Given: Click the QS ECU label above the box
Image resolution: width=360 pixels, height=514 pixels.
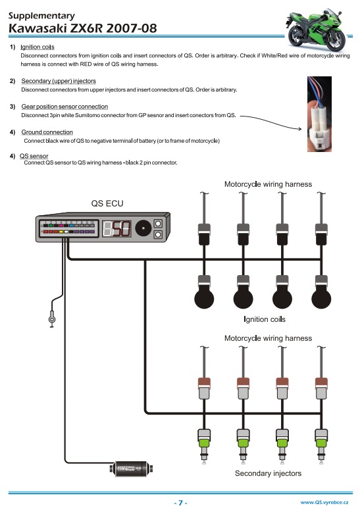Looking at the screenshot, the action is coord(107,203).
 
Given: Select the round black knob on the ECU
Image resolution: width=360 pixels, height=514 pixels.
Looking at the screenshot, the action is coord(143,228).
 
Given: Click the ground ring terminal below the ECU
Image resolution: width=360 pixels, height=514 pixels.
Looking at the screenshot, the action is coord(52,319).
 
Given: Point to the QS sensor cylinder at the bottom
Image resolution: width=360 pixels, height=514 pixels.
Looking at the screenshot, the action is coord(131,469).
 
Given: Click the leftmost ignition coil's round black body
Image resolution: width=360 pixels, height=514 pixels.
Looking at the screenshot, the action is coord(204,298).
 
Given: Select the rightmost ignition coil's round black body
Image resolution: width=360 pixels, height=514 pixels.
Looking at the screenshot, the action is coord(321,298).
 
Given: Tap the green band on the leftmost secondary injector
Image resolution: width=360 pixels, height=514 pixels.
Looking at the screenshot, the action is coord(204,444).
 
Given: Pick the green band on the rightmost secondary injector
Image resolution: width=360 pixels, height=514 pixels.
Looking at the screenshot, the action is coord(321,444).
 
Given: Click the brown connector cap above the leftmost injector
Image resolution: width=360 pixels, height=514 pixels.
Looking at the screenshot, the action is coord(204,382).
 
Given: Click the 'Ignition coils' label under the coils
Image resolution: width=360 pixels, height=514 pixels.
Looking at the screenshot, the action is coord(265,319).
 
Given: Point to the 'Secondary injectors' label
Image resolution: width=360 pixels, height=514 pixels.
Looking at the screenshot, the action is coord(268,473).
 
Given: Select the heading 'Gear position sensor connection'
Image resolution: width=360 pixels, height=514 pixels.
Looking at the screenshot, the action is coord(64,107).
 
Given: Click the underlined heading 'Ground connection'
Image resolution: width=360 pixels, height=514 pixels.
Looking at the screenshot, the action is coord(47,132).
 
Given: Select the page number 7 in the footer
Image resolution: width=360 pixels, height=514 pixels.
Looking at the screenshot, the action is coord(180,503).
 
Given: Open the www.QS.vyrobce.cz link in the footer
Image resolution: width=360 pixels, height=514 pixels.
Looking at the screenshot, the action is coord(324,502).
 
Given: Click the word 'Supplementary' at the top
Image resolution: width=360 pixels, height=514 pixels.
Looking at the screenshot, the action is coord(41,16).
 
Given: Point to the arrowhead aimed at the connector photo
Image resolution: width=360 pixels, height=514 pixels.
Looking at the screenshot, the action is coord(299,129).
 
